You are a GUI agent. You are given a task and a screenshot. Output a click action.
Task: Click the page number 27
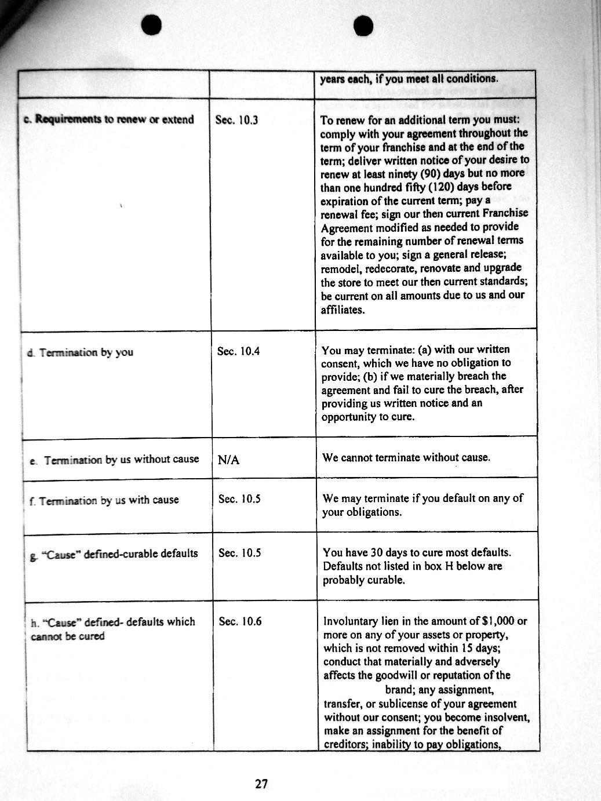point(261,784)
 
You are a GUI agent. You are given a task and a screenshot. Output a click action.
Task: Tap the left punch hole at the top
point(152,23)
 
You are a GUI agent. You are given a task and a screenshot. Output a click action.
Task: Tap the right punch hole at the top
point(363,25)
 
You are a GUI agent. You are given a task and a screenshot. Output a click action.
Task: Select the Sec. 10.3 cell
point(236,121)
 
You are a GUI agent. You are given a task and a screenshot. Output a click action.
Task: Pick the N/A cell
point(228,460)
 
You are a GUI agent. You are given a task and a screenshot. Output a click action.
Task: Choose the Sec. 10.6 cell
point(240,621)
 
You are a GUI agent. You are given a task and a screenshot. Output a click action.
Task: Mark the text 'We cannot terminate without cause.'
point(406,457)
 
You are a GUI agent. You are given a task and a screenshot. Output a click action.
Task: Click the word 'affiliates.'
point(343,310)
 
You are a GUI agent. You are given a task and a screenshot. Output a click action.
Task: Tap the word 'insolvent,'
point(501,717)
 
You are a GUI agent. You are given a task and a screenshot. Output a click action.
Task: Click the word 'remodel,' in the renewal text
point(341,269)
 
